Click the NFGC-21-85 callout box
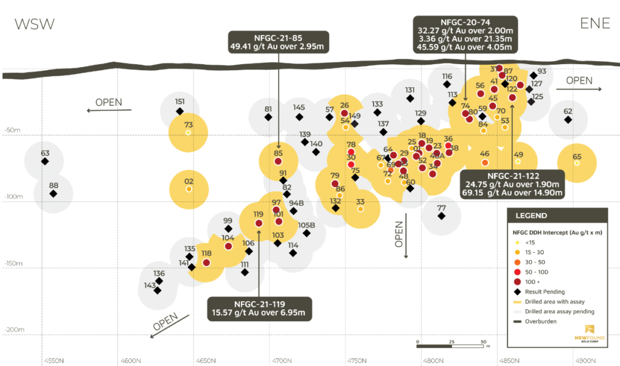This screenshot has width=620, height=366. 278,41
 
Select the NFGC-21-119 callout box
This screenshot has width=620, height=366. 259,308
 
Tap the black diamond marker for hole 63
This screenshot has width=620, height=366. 44,162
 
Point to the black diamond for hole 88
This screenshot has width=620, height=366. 53,194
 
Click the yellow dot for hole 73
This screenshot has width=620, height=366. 188,132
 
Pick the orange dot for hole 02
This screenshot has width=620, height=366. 189,189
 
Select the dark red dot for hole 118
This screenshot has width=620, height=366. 206,263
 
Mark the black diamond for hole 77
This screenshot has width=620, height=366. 441,216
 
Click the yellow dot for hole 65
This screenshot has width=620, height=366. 576,163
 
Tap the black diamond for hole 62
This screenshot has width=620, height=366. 568,120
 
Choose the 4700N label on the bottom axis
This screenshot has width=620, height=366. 282,361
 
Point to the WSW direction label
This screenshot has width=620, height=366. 35,24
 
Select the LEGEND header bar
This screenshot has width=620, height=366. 557,215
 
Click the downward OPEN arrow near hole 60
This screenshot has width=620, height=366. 406,239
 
